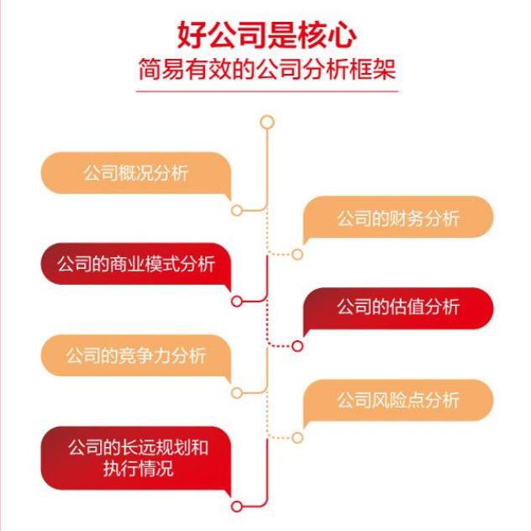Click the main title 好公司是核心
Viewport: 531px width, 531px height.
point(266,35)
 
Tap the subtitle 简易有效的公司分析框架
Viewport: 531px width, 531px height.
point(266,69)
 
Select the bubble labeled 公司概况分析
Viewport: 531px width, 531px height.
point(135,174)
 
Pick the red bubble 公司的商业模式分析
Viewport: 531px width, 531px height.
point(135,264)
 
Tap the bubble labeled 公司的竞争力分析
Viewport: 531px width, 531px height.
point(135,355)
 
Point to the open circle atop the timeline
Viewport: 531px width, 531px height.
point(267,122)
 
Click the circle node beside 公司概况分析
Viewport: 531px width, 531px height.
point(237,210)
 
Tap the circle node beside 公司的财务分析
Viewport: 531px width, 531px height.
point(297,255)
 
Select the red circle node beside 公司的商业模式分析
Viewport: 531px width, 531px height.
point(237,301)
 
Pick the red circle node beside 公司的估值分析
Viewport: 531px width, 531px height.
point(297,345)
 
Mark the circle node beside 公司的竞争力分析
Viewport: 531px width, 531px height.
point(237,392)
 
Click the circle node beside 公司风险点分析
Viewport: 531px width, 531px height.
point(297,437)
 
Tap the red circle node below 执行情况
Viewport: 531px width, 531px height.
point(237,506)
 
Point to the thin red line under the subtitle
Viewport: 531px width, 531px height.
point(266,85)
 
